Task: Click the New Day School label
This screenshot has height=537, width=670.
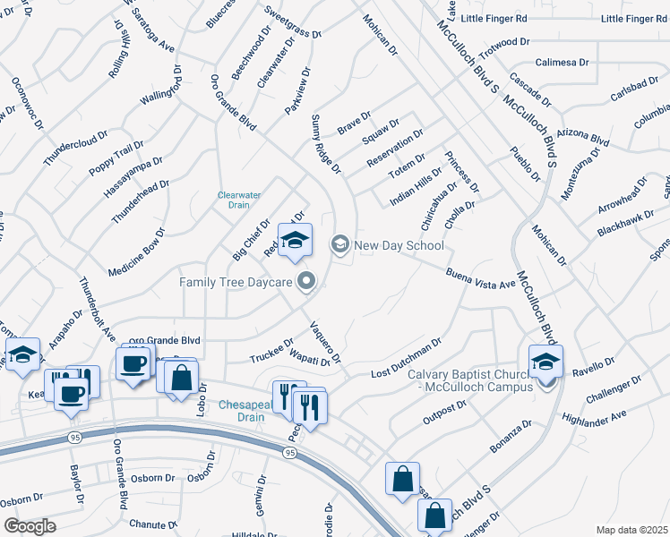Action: click(x=399, y=244)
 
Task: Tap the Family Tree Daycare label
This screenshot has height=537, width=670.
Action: click(x=236, y=282)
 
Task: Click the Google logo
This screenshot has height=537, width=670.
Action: click(x=30, y=525)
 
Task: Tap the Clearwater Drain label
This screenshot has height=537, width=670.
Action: click(x=239, y=200)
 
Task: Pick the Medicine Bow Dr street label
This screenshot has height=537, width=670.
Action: click(x=137, y=251)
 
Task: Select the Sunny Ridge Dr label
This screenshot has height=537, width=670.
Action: click(x=326, y=143)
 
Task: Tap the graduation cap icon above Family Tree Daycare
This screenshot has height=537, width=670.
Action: click(x=294, y=240)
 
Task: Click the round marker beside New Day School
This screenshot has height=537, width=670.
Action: click(x=340, y=243)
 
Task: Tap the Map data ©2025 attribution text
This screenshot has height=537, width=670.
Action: click(x=631, y=530)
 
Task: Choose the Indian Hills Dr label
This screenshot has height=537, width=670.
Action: click(x=417, y=185)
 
